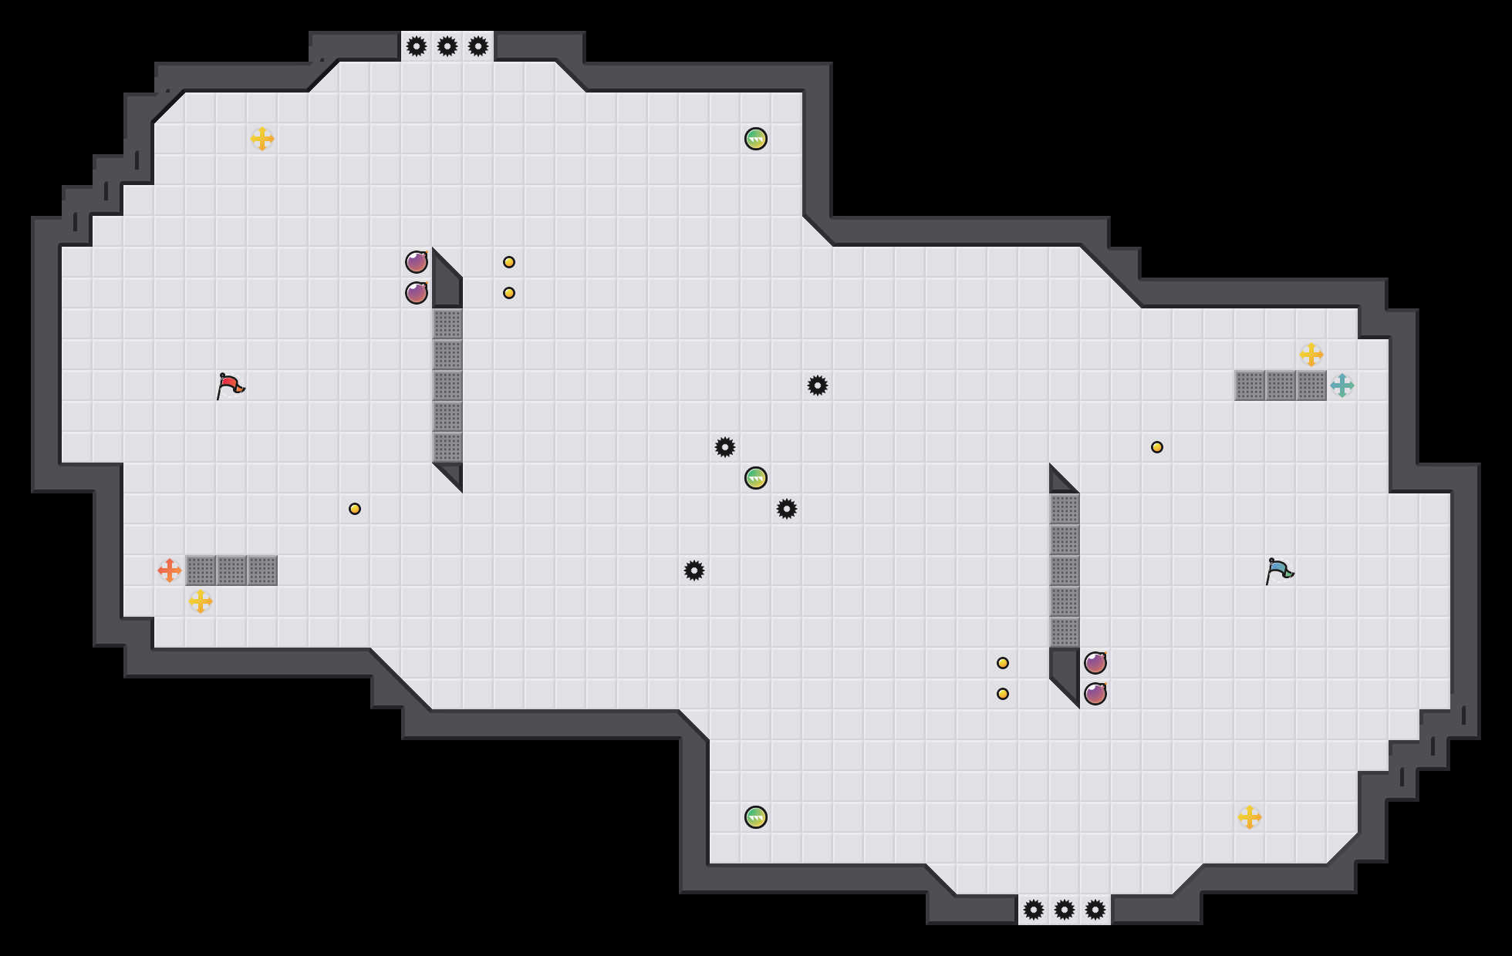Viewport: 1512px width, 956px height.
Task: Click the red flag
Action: [230, 385]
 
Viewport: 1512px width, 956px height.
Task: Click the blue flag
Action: [1279, 571]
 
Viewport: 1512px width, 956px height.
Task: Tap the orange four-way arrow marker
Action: [170, 571]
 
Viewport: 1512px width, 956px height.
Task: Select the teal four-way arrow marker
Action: [1342, 385]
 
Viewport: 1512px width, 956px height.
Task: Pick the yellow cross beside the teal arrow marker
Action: [1311, 355]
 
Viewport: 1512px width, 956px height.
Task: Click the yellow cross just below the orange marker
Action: [201, 601]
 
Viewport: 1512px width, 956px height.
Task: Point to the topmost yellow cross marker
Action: [262, 139]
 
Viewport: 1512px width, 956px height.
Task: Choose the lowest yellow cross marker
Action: [1250, 817]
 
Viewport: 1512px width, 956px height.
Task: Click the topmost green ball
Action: [756, 139]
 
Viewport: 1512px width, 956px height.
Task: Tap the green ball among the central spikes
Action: [756, 478]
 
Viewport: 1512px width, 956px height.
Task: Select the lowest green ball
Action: [756, 817]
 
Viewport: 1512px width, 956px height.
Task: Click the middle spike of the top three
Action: [447, 46]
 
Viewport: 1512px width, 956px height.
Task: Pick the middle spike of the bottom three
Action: [1065, 910]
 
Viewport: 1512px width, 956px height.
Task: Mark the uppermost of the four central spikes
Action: [818, 385]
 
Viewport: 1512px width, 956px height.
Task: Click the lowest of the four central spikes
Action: [694, 571]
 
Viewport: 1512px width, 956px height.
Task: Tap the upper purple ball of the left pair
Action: [417, 262]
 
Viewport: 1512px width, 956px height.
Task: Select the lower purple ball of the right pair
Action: [1095, 694]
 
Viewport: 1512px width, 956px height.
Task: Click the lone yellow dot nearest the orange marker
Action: [355, 509]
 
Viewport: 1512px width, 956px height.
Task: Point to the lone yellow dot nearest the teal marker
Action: [1157, 447]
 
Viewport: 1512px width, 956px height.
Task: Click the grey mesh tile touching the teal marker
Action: [1311, 385]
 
